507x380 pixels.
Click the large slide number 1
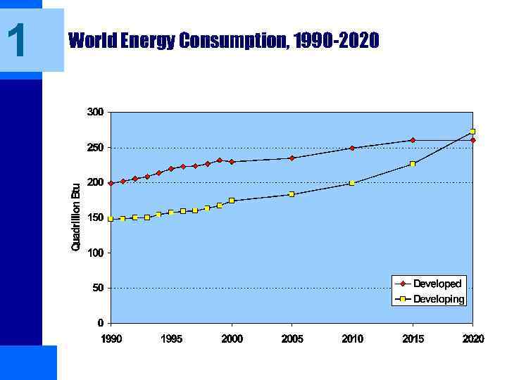[17, 40]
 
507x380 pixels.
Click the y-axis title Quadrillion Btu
[76, 216]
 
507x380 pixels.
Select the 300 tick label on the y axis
[96, 112]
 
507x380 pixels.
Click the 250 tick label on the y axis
[96, 148]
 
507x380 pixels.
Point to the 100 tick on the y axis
[96, 253]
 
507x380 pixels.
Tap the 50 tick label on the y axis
[98, 288]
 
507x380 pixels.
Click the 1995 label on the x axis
[171, 339]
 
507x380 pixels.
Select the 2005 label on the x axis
[292, 339]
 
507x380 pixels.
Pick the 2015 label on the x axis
[413, 339]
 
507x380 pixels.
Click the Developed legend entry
[437, 284]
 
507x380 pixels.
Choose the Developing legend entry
[439, 299]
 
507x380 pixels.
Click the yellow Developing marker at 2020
[472, 132]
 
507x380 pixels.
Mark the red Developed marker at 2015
[413, 140]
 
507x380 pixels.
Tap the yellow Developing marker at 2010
[352, 183]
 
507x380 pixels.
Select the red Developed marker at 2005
[292, 158]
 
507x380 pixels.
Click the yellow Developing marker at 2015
[413, 164]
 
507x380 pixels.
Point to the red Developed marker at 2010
[352, 148]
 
